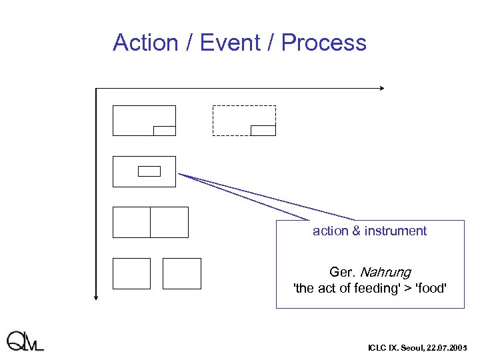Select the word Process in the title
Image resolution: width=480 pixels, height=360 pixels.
tap(323, 43)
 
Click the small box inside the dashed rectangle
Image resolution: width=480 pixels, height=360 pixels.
tap(263, 130)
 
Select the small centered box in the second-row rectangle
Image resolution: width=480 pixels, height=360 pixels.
tap(149, 171)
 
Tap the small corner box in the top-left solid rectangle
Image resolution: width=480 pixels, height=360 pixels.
tap(164, 131)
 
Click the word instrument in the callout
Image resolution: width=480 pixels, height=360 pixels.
tap(395, 231)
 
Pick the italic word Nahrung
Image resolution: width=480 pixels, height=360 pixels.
tap(385, 272)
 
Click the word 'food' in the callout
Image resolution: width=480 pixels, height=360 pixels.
tap(429, 288)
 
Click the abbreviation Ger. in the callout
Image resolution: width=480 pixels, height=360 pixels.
tap(343, 272)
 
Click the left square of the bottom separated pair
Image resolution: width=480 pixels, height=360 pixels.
tap(132, 273)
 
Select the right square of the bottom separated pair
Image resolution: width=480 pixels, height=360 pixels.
tap(182, 273)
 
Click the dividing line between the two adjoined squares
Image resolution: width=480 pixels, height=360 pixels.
tap(151, 222)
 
